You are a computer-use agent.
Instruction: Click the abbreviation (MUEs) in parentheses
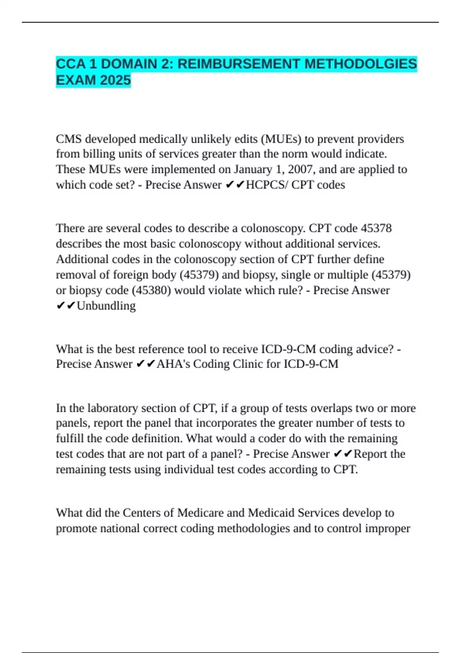click(x=281, y=139)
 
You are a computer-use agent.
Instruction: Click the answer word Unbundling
click(x=106, y=306)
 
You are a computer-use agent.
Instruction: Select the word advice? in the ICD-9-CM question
click(x=375, y=349)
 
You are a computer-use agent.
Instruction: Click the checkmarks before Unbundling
click(x=66, y=306)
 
